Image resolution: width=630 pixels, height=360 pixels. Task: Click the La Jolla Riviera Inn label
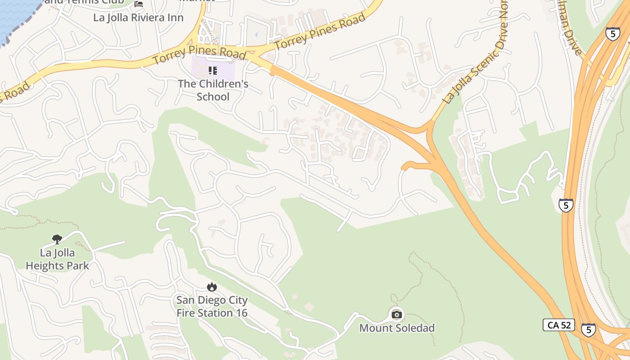(x=138, y=18)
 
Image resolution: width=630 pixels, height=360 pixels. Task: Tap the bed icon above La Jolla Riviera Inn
(x=139, y=4)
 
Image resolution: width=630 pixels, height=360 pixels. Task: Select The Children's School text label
(x=213, y=90)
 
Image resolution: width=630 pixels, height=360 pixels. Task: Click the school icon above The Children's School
(x=213, y=71)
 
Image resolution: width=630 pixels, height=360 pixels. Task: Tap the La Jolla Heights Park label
(x=57, y=259)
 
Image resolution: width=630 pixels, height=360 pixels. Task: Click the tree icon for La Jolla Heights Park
(x=57, y=239)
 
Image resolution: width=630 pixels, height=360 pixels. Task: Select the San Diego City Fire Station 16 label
(x=212, y=306)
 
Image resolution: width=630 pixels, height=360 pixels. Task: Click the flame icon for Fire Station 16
(x=211, y=287)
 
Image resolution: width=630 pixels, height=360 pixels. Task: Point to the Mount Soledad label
(x=397, y=328)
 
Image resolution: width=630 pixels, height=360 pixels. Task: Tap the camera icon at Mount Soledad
(x=396, y=315)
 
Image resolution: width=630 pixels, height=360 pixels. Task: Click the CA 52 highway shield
(x=558, y=325)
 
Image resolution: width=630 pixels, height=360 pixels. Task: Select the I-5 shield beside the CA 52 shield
(x=588, y=329)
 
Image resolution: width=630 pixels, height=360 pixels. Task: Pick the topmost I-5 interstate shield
(x=612, y=34)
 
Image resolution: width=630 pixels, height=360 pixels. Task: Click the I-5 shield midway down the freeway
(x=566, y=205)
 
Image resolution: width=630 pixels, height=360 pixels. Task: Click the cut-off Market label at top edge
(x=197, y=1)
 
